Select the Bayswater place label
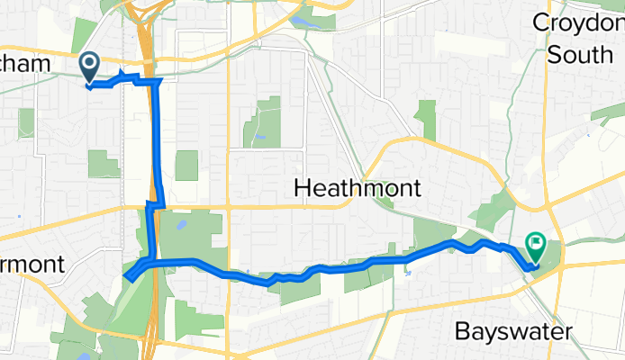512,332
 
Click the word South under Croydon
581,54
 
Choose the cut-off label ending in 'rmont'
31,265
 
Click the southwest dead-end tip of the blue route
129,276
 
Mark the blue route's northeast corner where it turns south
159,82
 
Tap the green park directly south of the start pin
103,164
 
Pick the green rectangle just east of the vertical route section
186,166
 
